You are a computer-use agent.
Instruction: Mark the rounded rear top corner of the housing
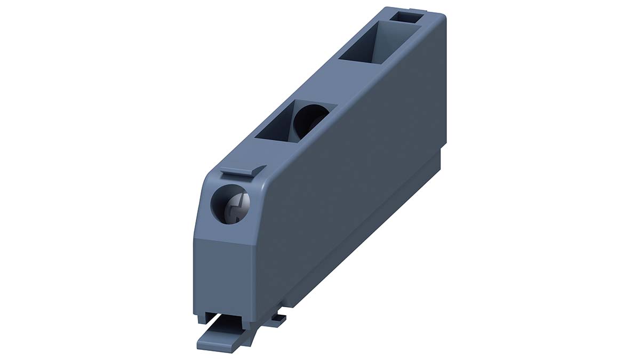441,19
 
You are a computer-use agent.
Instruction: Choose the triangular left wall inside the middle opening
277,125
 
